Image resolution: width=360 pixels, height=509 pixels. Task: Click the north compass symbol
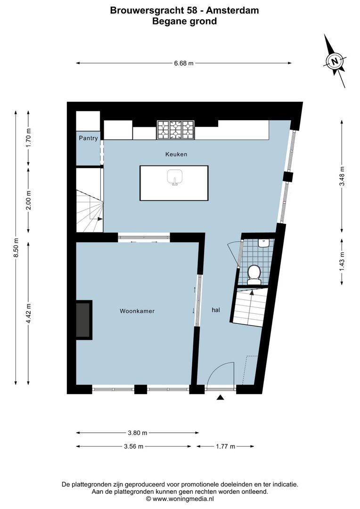(335, 61)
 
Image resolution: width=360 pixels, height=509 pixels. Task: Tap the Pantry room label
(88, 138)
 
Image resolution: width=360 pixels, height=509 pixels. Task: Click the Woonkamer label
(137, 311)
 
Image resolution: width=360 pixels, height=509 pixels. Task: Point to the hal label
(216, 310)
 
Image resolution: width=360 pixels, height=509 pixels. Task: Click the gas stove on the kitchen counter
(175, 130)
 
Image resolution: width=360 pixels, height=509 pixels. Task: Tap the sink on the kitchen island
(174, 178)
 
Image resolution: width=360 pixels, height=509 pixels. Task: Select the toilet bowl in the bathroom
(254, 274)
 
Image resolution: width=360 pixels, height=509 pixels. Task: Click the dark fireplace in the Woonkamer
(83, 320)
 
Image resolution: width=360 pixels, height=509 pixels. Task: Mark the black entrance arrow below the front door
(220, 398)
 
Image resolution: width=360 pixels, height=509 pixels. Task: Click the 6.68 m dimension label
(184, 64)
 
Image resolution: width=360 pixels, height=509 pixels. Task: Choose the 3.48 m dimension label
(342, 176)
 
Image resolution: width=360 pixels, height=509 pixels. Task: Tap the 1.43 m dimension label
(342, 260)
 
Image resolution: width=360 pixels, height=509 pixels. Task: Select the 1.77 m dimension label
(225, 446)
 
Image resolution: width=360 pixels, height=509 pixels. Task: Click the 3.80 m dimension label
(138, 433)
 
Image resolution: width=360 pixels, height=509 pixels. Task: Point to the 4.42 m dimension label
(28, 313)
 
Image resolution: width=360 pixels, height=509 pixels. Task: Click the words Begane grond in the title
(184, 21)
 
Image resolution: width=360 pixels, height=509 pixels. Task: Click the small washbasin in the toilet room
(264, 243)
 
